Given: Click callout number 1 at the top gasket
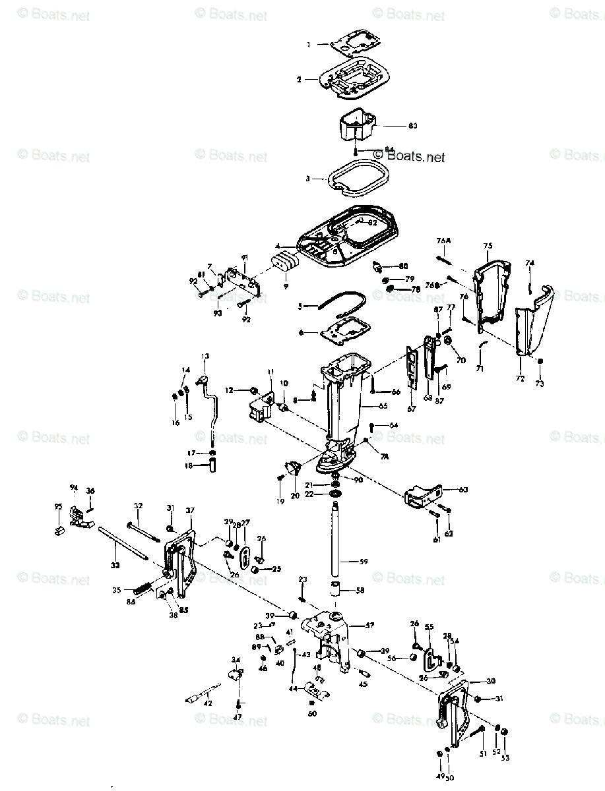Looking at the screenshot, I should (308, 44).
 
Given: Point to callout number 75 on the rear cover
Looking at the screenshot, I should (488, 246).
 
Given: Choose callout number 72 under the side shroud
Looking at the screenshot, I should (520, 379).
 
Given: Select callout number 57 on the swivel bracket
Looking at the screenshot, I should (369, 624).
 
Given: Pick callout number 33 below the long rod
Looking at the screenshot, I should (115, 565).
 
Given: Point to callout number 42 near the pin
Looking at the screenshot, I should (208, 703).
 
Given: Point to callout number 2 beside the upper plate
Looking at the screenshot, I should (299, 79).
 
